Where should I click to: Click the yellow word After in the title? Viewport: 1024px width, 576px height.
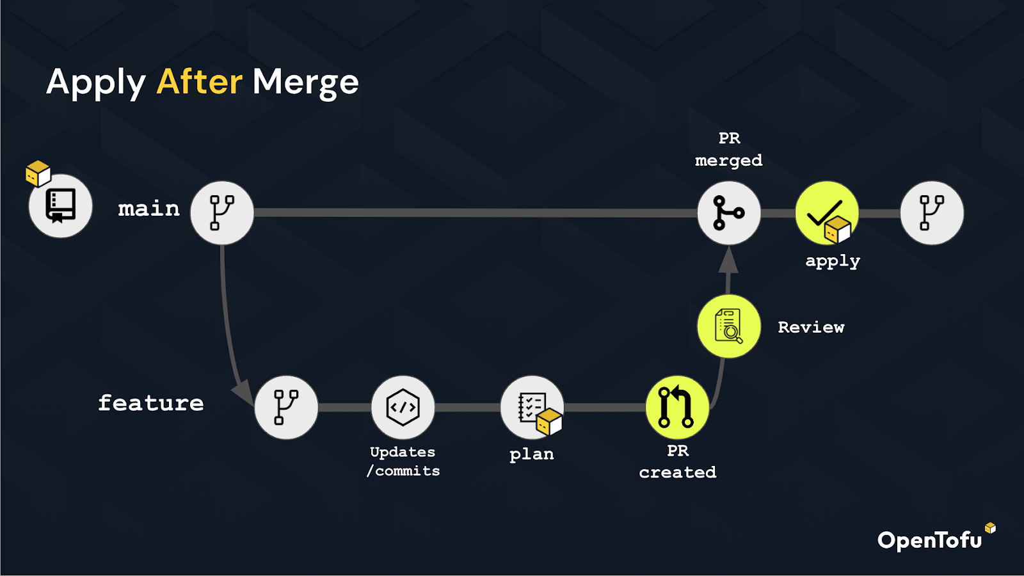click(199, 82)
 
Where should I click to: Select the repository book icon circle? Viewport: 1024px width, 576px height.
click(60, 205)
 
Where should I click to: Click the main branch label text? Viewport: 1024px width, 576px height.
click(149, 209)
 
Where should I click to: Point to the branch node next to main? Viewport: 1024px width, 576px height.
click(222, 212)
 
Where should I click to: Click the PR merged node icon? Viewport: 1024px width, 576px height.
click(729, 212)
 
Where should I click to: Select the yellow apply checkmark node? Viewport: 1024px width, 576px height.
click(827, 212)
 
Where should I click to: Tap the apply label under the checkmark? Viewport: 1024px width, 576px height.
click(833, 262)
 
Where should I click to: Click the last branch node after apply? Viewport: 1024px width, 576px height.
click(932, 212)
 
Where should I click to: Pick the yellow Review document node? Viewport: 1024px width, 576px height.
click(729, 326)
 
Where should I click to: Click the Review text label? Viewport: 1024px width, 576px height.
click(811, 327)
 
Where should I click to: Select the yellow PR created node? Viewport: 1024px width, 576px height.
click(678, 407)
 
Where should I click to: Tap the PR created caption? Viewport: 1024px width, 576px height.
click(678, 461)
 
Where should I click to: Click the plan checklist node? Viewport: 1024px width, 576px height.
click(532, 407)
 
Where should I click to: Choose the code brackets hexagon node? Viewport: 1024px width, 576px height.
click(403, 407)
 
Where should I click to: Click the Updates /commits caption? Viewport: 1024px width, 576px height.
click(403, 461)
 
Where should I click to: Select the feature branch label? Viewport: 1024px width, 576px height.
click(151, 403)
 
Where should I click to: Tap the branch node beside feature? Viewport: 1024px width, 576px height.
click(286, 407)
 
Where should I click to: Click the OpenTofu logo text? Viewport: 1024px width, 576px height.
click(929, 540)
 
